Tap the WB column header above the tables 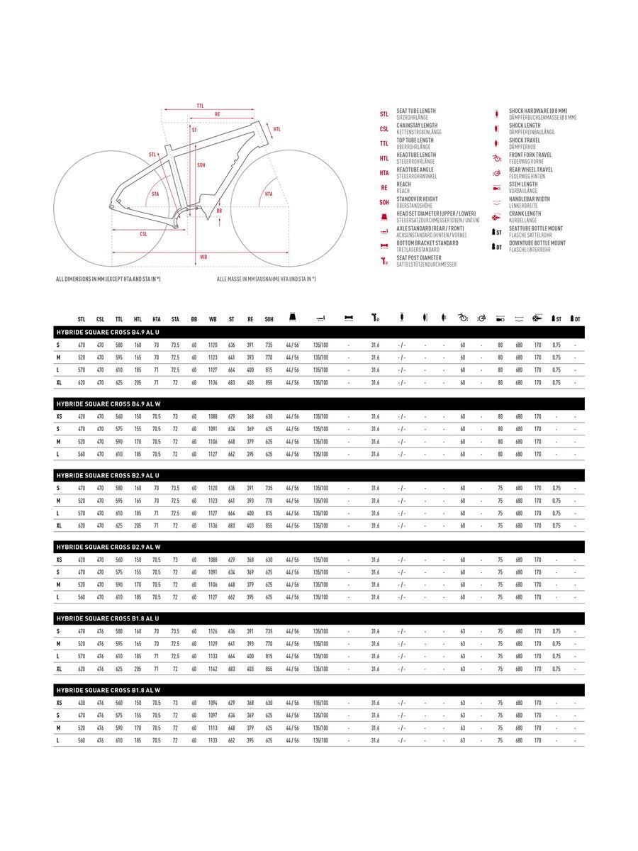pos(213,320)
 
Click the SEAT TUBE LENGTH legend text pos(416,111)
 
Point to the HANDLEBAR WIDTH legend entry pos(529,199)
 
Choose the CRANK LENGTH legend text pos(525,213)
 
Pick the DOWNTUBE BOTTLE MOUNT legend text pos(537,243)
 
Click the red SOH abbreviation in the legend pos(384,202)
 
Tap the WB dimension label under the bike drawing pos(203,256)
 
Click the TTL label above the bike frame pos(200,106)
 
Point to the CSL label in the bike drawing pos(143,233)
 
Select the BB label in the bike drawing pos(219,211)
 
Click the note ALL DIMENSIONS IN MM pos(108,279)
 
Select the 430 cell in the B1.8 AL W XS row pos(82,703)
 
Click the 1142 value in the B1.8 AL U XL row pos(213,669)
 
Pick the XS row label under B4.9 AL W pos(59,416)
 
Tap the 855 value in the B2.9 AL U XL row pos(269,525)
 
